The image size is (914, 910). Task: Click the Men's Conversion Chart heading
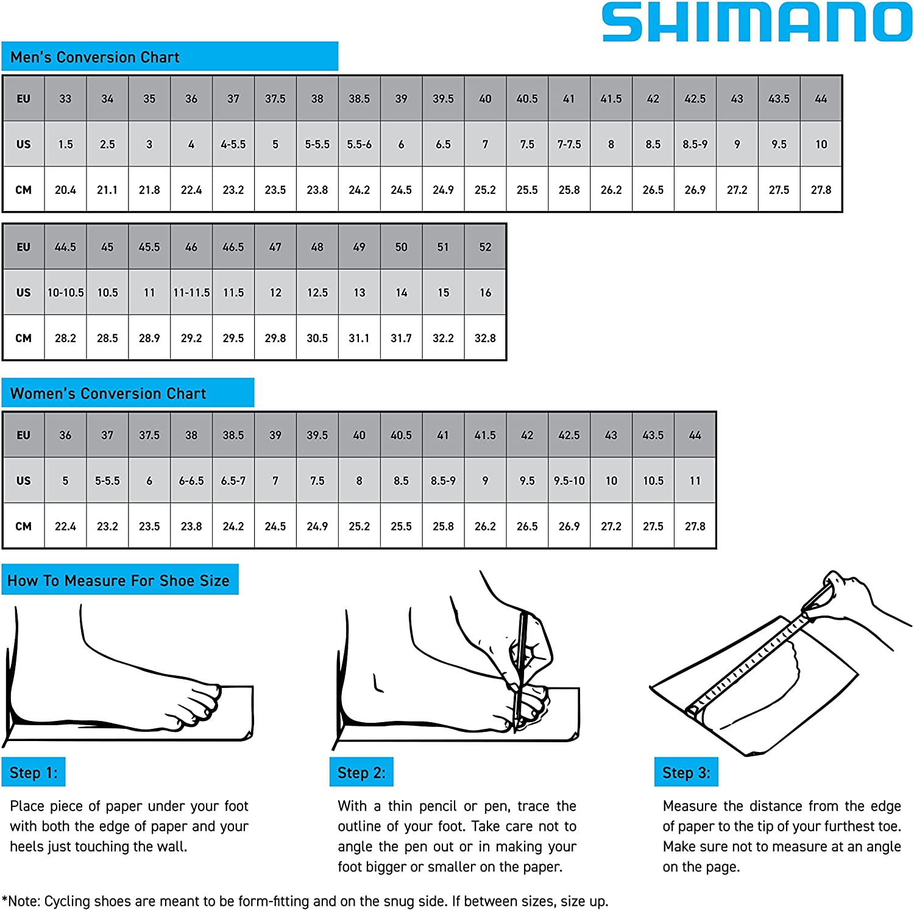coord(95,57)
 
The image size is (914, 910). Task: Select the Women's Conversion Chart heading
coord(108,393)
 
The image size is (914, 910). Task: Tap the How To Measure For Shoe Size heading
coord(119,580)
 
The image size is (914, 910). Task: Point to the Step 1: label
coord(34,772)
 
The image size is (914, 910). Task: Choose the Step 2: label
coord(361,772)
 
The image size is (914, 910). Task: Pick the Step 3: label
coord(686,772)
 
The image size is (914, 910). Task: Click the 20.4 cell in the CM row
coord(65,190)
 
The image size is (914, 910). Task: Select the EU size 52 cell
coord(485,247)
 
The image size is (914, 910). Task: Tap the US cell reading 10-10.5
coord(65,293)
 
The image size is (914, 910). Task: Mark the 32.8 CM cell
coord(485,338)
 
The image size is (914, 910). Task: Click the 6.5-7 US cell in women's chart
coord(233,481)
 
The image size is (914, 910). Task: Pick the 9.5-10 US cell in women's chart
coord(569,481)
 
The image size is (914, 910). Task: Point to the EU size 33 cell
coord(65,99)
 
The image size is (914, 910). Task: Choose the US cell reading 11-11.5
coord(191,293)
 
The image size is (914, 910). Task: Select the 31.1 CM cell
coord(359,338)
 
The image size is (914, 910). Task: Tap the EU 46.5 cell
coord(233,247)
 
